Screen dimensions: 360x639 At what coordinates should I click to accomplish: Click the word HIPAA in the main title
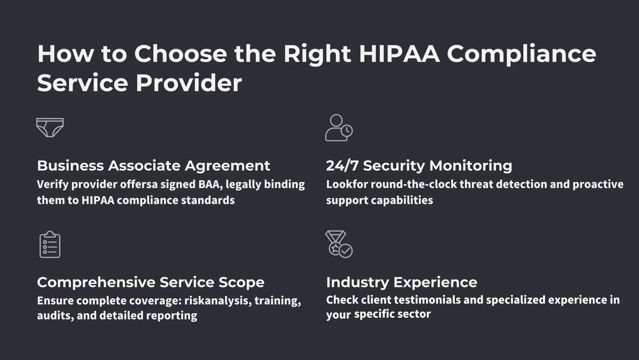click(399, 54)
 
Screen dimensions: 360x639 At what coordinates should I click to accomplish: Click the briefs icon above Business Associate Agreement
click(50, 127)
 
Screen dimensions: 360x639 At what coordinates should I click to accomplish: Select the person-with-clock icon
click(339, 128)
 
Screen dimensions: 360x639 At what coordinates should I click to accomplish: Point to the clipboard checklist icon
click(50, 245)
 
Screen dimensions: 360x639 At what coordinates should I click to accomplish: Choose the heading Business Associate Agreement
click(154, 166)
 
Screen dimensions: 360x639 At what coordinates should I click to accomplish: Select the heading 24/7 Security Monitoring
click(419, 166)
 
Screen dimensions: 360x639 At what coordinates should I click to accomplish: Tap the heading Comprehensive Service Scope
click(151, 282)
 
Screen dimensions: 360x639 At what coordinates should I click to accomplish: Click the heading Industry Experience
click(402, 282)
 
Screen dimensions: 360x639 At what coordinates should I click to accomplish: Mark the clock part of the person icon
click(347, 131)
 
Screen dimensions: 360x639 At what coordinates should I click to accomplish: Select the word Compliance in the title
click(521, 54)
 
